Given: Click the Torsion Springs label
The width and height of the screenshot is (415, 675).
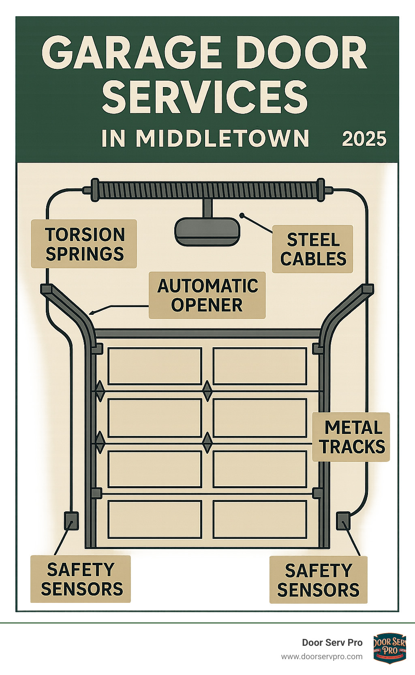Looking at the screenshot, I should tap(84, 244).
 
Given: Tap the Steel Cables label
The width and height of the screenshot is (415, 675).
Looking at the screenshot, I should tap(312, 249).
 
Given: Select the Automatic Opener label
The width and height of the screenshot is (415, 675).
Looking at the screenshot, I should tap(207, 295).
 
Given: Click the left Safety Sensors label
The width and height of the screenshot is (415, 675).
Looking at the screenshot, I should tap(81, 579).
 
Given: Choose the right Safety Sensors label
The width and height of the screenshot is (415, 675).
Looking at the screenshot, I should tap(318, 580).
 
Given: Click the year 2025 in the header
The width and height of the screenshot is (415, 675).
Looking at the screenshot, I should tap(364, 139).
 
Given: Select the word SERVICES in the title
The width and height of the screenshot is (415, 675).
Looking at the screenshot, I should tap(205, 97).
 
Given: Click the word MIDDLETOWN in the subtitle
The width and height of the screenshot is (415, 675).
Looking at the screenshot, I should tap(222, 139).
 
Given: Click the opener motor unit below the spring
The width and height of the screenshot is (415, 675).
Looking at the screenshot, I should tap(207, 232).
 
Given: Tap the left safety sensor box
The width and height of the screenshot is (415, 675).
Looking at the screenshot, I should tap(71, 520).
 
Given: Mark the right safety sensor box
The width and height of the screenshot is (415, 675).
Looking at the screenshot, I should tap(343, 521).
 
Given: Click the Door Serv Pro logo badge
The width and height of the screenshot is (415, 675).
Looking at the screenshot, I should tap(389, 648).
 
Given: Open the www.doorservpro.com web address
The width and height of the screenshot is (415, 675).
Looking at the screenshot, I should tap(322, 656).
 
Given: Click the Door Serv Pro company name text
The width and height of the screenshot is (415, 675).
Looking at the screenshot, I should tap(332, 643).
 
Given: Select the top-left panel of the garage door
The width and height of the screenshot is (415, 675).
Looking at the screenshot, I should tap(155, 366).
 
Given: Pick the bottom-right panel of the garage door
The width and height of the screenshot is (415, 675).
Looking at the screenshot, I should tap(260, 519).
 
